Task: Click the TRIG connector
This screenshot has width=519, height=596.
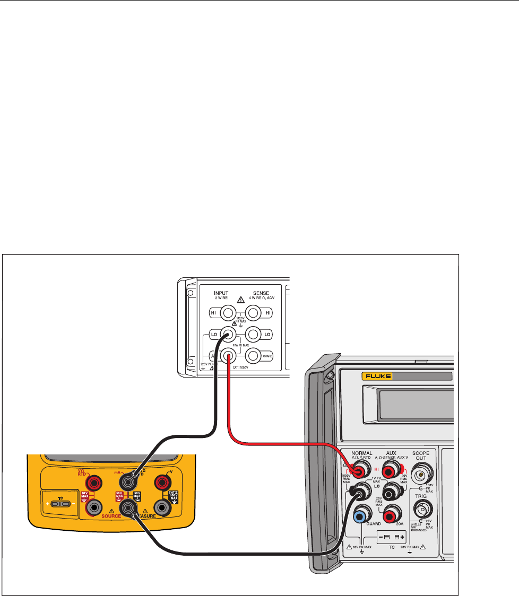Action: coord(423,511)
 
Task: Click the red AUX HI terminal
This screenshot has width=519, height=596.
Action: coord(391,469)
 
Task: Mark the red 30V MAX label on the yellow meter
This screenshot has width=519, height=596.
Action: coord(84,496)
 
